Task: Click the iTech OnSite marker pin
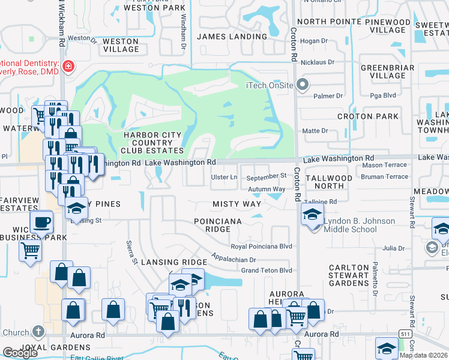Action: tap(303, 85)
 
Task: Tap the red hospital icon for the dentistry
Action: tap(69, 66)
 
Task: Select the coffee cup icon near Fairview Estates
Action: tap(41, 221)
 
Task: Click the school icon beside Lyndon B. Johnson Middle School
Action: tap(312, 214)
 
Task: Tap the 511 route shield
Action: tap(406, 333)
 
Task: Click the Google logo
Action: tap(20, 353)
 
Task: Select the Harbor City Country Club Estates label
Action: tap(153, 142)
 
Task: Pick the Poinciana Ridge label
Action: tap(217, 226)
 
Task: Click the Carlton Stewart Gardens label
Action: tap(349, 275)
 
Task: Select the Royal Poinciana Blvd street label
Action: tap(262, 247)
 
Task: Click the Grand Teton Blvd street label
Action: tap(266, 271)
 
